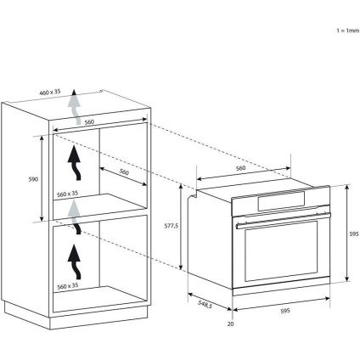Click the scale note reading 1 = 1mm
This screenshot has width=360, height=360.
click(x=348, y=31)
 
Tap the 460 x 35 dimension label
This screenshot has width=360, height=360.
click(x=50, y=92)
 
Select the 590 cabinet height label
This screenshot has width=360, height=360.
click(x=33, y=179)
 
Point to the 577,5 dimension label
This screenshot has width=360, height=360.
click(x=172, y=226)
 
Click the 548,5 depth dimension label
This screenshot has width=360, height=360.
click(x=205, y=305)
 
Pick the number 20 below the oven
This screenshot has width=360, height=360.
click(x=231, y=323)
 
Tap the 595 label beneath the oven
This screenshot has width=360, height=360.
click(x=285, y=311)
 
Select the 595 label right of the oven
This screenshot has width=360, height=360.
click(x=354, y=234)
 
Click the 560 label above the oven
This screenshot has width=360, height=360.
click(x=240, y=168)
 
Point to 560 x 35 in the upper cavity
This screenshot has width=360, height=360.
click(x=67, y=194)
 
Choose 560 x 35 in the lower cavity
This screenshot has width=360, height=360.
click(x=68, y=286)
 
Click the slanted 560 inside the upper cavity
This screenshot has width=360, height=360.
click(x=124, y=172)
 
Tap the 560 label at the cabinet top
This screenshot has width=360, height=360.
click(x=89, y=122)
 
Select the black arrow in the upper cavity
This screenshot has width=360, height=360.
click(x=75, y=163)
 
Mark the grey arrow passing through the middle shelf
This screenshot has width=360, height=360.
click(x=75, y=217)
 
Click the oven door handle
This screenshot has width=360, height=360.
click(x=283, y=221)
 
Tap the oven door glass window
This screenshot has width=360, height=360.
click(x=281, y=251)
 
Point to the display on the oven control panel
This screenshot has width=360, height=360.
click(x=281, y=201)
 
